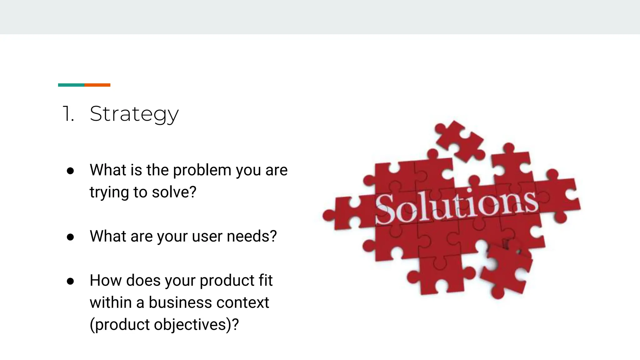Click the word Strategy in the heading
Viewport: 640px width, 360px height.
[134, 114]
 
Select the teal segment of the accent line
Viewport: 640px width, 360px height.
[71, 85]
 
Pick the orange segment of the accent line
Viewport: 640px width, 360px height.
[97, 85]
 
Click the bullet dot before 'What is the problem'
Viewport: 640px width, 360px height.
[70, 171]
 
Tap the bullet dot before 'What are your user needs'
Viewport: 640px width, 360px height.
[70, 237]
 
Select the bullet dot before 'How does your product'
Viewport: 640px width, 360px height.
[70, 281]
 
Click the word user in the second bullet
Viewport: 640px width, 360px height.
[207, 237]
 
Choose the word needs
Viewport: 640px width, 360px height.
[252, 237]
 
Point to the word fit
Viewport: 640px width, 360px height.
[265, 280]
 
